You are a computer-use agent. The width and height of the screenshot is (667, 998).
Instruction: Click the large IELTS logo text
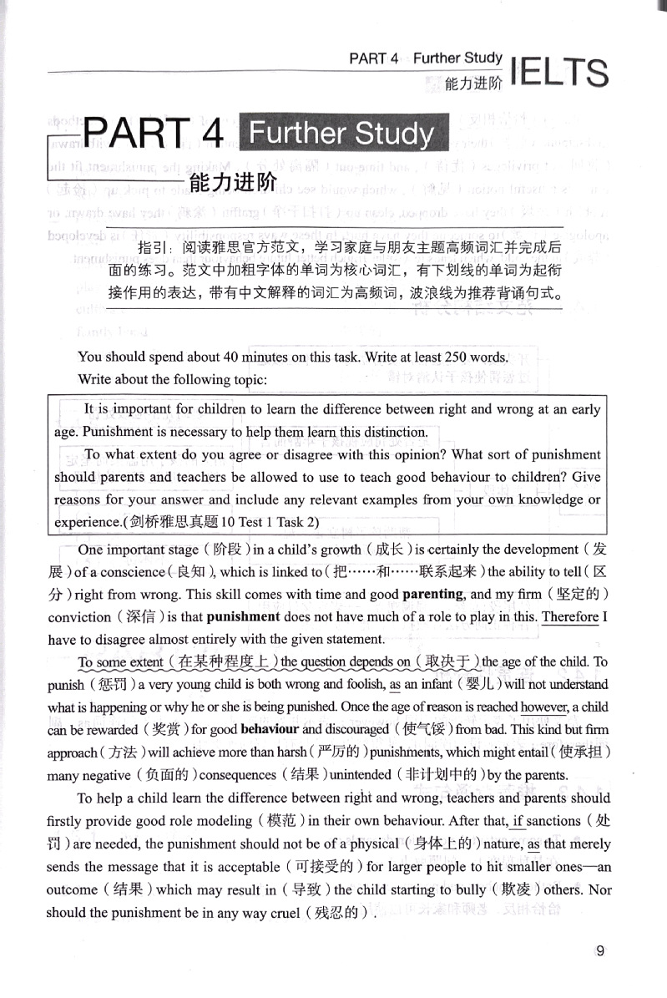click(x=558, y=73)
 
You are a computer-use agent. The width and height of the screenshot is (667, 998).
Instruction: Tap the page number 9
click(x=601, y=949)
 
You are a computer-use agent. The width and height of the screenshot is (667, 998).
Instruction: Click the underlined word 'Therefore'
click(x=570, y=617)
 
